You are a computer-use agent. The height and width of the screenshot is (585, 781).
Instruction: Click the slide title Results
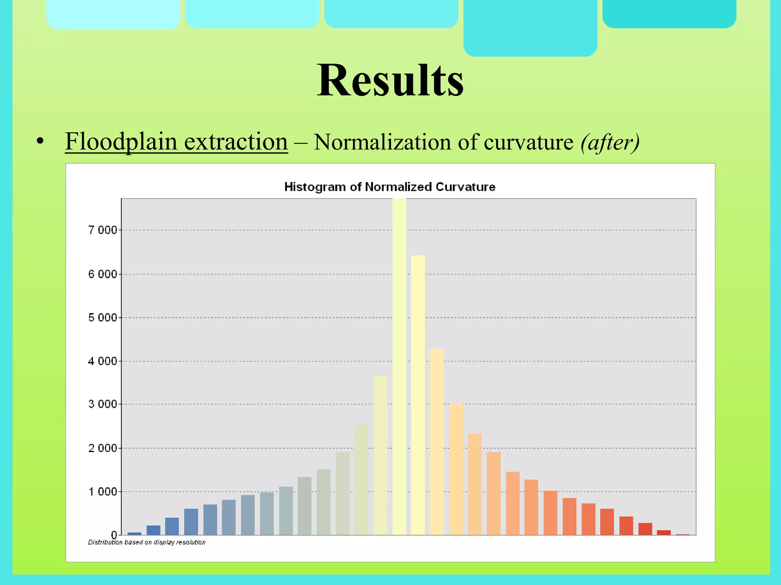(x=390, y=81)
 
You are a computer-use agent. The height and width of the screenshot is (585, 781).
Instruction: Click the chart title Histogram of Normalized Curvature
(x=390, y=187)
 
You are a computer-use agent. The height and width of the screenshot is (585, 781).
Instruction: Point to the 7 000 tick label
(x=102, y=230)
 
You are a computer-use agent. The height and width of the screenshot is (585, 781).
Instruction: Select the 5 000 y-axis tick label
(x=102, y=318)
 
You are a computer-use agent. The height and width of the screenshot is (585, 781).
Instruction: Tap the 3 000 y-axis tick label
(x=102, y=404)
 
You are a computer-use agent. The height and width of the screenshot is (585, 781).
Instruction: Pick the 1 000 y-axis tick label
(x=102, y=492)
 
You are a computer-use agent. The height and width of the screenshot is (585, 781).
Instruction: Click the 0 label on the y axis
(x=114, y=535)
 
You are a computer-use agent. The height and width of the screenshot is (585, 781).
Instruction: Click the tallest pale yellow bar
(x=399, y=366)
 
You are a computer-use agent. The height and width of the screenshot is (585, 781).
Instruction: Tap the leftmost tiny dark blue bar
(x=134, y=534)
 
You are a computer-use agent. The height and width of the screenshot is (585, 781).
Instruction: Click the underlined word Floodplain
(x=121, y=142)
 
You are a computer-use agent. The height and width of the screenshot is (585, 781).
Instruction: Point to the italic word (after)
(x=610, y=142)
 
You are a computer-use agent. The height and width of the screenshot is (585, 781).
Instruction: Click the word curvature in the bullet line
(x=529, y=142)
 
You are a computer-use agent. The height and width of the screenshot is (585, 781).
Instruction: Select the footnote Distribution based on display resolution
(x=146, y=542)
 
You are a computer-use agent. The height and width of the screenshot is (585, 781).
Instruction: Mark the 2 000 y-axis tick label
(x=102, y=448)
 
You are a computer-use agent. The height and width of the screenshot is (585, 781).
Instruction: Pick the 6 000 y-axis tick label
(x=102, y=274)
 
